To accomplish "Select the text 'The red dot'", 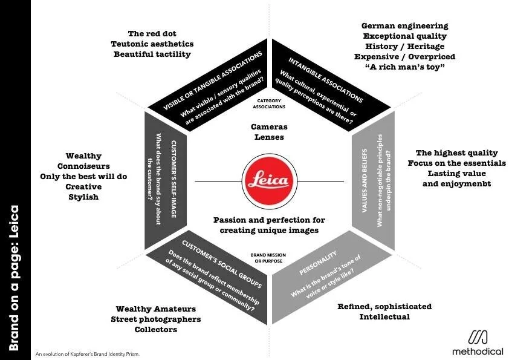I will (x=152, y=33).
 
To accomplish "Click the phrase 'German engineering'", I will (x=404, y=25).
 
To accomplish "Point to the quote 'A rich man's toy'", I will (x=404, y=67).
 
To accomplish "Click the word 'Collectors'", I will (x=156, y=329).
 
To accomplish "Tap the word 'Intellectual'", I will (x=384, y=316).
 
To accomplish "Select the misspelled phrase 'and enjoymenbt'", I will (x=456, y=184).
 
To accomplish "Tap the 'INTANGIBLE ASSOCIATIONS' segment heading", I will (x=325, y=79).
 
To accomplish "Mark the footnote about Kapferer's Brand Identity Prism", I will (x=87, y=353).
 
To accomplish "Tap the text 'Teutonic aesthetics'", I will (x=152, y=44).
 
